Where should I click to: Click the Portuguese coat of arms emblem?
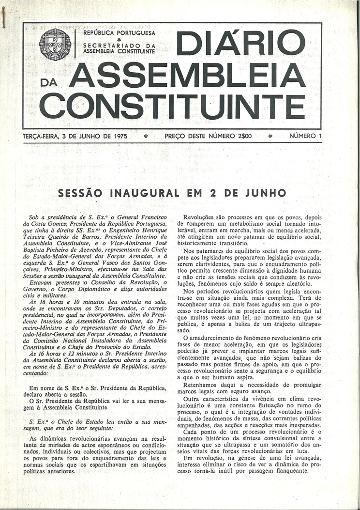[x=55, y=44]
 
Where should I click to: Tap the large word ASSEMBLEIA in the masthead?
[x=187, y=76]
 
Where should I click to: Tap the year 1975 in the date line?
[x=118, y=137]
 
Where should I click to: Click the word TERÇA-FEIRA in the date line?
[x=41, y=137]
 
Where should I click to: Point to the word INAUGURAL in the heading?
[x=143, y=193]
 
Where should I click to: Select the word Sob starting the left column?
[x=35, y=218]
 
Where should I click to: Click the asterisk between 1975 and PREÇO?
[x=146, y=137]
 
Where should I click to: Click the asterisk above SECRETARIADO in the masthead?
[x=119, y=40]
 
